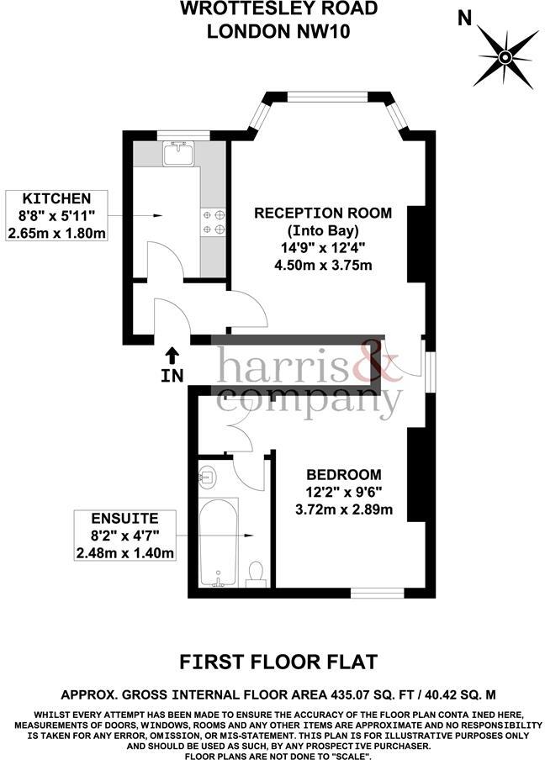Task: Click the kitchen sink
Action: tap(179, 153)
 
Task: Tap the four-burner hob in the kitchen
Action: tap(214, 221)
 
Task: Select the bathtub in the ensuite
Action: tap(218, 542)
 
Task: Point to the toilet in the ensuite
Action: tap(256, 573)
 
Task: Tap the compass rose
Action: tap(505, 58)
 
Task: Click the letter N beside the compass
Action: tap(464, 18)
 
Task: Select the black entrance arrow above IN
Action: tap(172, 356)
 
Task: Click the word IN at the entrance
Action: tap(172, 375)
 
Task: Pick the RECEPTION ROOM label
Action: tap(323, 213)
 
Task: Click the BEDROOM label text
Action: tap(344, 474)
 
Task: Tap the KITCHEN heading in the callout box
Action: tap(56, 198)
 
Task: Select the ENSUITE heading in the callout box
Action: tap(124, 518)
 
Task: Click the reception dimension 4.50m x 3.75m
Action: tap(323, 265)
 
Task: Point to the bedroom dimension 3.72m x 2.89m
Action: tap(344, 509)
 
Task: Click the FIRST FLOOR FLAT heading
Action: tap(278, 662)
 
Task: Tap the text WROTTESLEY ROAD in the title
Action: tap(278, 8)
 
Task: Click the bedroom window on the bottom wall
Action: tap(378, 593)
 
